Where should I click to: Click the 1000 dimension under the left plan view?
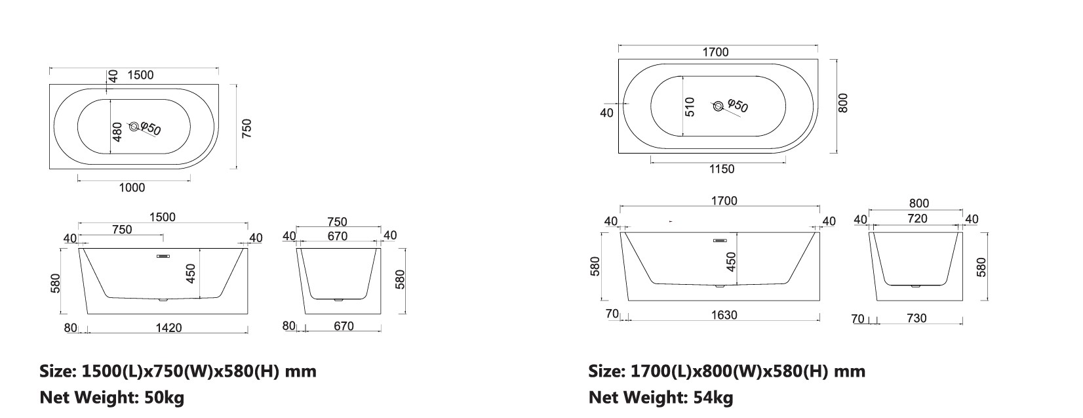pos(132,188)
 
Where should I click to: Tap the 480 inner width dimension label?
pos(117,132)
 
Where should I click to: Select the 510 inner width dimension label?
pos(690,107)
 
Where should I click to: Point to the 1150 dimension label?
pos(722,169)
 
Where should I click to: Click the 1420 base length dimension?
pos(168,328)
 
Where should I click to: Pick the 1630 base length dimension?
pos(724,316)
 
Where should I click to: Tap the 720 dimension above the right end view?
pos(917,219)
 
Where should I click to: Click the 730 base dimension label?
pos(916,318)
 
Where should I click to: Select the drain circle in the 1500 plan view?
pos(134,126)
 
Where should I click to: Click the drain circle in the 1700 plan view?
pos(719,106)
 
